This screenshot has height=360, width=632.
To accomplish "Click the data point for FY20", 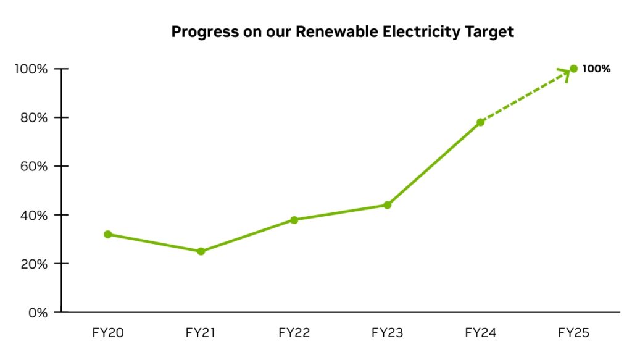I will click(108, 234).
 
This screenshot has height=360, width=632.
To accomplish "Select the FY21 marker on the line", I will click(201, 251).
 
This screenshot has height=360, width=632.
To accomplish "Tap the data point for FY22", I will click(294, 220).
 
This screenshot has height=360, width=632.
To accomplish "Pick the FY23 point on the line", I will click(387, 205).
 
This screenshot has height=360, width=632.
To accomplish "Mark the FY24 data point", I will click(480, 122).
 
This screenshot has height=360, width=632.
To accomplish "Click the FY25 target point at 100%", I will click(573, 69).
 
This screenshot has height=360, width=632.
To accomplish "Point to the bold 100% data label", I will click(596, 69).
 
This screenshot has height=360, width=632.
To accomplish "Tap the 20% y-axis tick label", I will click(35, 264).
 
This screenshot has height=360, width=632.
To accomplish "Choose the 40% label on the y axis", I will click(35, 215).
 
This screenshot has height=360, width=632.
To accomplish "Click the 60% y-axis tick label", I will click(35, 166).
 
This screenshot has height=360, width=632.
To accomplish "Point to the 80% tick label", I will click(35, 117).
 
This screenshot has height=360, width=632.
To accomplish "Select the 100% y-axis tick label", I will click(31, 69).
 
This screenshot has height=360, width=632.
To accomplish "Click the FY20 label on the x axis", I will click(108, 333).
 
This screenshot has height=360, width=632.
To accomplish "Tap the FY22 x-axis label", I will click(294, 333).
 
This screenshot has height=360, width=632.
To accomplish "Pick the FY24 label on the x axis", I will click(480, 333).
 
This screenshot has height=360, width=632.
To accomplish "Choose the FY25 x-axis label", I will click(573, 333).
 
